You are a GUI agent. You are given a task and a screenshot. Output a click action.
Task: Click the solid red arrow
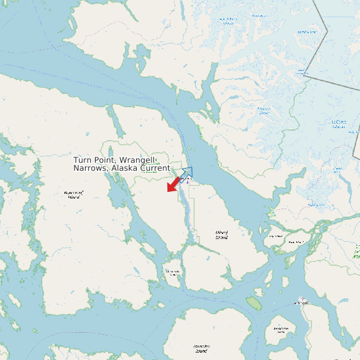[173, 184]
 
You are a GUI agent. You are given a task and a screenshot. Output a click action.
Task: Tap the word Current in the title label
[155, 169]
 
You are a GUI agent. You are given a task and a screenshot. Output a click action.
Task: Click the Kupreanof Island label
[73, 195]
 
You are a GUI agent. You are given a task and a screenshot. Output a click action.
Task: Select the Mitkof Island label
[221, 234]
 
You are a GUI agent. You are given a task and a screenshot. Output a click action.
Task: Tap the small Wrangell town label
[300, 303]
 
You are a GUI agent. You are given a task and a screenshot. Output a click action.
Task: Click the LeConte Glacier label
[339, 124]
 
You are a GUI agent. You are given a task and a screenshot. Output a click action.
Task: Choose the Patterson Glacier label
[264, 110]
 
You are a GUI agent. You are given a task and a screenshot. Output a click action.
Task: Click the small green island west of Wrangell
[254, 303]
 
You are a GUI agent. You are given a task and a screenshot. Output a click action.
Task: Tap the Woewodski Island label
[172, 272]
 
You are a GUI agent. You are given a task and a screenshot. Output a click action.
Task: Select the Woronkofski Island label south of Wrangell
[280, 329]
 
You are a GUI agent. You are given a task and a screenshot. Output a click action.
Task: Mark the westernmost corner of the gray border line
[304, 76]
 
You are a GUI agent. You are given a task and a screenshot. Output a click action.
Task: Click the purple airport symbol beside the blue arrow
[187, 181]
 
